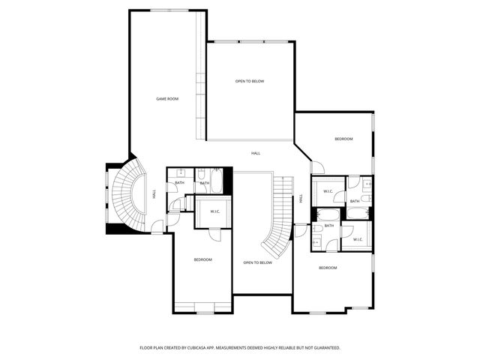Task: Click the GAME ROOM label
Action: [166, 99]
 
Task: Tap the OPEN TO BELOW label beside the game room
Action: [250, 81]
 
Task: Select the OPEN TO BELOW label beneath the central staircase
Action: [257, 262]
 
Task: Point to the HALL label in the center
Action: [256, 153]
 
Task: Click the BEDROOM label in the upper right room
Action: [343, 139]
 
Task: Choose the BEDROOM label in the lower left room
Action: [202, 259]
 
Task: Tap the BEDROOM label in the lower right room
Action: [328, 268]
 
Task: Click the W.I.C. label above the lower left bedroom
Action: [214, 211]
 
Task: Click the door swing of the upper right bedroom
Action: [317, 167]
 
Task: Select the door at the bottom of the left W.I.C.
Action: [215, 232]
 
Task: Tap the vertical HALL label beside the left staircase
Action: [154, 193]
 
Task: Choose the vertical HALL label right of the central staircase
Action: [301, 199]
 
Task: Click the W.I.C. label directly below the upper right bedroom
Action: [328, 192]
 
